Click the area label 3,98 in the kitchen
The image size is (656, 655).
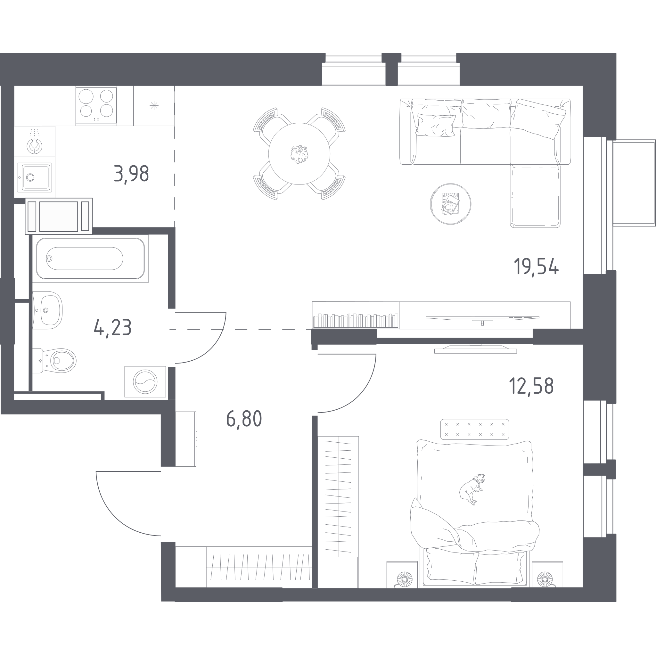pos(131,174)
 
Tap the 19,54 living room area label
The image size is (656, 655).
pos(536,266)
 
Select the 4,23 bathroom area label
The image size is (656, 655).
pos(113,328)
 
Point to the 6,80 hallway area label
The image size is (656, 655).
pos(244,419)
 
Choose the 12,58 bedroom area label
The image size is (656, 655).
pos(531,386)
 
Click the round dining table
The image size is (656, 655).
pos(299,154)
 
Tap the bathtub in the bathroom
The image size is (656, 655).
pos(90,258)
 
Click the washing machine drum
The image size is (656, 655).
pos(145,382)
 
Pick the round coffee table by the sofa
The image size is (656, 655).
pos(450,204)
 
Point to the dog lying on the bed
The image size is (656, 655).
pos(471,489)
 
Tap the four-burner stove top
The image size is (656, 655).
pos(96,106)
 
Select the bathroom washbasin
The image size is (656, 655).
pos(47,310)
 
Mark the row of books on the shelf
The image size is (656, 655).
pos(356,321)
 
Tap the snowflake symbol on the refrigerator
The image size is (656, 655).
pos(154,106)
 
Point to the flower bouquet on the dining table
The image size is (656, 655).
pos(299,154)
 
